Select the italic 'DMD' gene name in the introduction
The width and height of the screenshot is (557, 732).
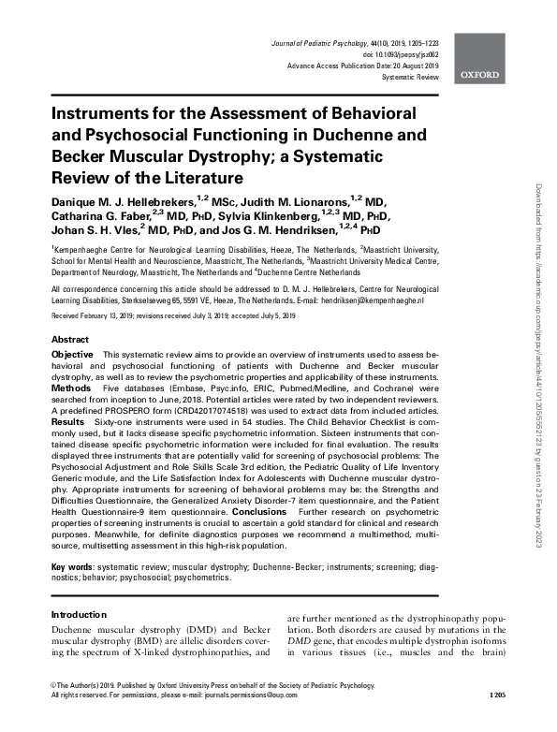click(298, 654)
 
